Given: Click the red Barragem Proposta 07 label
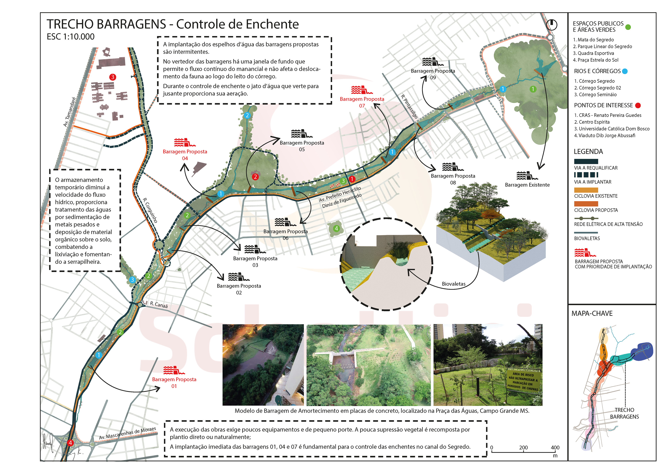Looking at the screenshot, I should click(362, 102).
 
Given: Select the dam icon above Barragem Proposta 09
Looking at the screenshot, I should click(433, 62).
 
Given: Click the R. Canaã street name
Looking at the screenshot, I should click(159, 305).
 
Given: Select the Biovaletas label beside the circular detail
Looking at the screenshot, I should click(453, 284).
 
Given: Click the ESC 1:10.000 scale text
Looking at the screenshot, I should click(71, 37).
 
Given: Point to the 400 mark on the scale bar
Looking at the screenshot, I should click(555, 447).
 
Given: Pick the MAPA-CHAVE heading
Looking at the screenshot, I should click(592, 313).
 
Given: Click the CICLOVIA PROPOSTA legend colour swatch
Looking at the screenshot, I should click(586, 204).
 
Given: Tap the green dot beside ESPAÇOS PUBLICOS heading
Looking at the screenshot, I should click(628, 27).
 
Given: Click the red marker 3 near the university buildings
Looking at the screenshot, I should click(113, 77).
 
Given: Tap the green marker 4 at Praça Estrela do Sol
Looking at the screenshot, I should click(336, 228).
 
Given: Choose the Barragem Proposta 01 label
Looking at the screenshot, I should click(174, 383).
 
